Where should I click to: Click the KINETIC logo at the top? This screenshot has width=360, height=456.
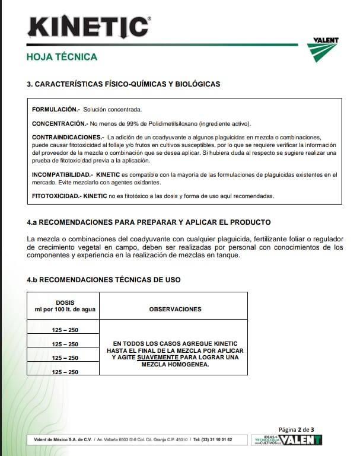89,27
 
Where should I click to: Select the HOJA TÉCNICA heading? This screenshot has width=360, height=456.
62,58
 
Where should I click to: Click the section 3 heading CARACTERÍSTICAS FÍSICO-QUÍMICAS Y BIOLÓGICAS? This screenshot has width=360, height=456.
123,84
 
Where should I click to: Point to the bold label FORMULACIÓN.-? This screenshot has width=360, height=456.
56,110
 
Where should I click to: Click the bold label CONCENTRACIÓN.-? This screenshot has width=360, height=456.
59,123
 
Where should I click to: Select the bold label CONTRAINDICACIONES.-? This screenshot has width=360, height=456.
68,137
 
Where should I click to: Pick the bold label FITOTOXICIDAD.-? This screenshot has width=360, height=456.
56,196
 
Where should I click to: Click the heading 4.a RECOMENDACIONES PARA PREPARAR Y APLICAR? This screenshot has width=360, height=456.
149,222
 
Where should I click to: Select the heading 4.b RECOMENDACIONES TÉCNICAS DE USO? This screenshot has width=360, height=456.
104,279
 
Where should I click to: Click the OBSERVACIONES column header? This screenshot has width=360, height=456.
175,309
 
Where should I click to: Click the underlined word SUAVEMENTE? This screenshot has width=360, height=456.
158,358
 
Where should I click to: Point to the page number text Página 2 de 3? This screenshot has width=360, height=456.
296,429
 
